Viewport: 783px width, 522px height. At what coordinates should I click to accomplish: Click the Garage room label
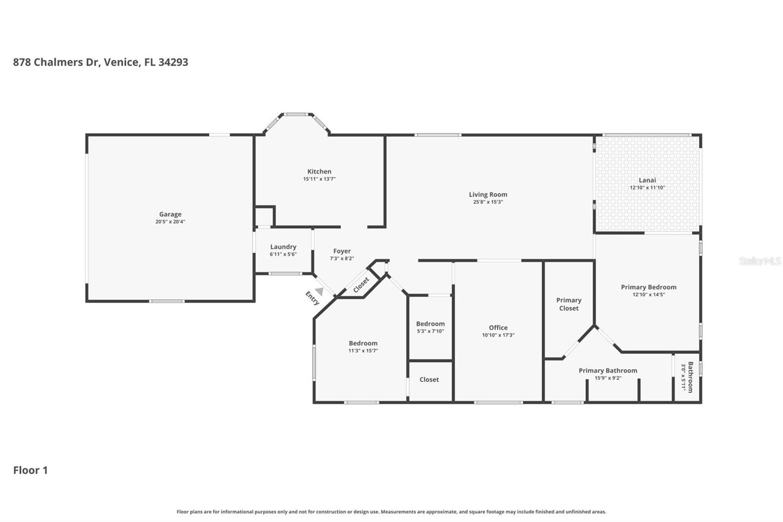tap(170, 214)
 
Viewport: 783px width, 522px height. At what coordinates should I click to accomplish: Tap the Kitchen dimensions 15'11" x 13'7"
tap(319, 179)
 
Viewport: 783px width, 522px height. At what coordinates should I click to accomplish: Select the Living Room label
tap(488, 194)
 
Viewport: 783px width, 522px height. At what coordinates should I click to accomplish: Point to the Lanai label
tap(647, 180)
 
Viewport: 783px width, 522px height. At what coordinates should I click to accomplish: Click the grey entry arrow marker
tap(319, 291)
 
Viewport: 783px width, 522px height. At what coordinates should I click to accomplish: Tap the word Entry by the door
tap(312, 298)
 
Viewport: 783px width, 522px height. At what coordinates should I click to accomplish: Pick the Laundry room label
tap(283, 247)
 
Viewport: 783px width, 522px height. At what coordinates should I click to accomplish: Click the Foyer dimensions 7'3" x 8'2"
tap(342, 259)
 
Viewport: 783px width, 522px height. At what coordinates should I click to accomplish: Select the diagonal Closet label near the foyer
tap(361, 285)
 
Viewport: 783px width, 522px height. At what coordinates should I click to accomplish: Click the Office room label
tap(498, 328)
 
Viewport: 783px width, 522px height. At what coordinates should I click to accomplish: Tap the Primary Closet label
tap(569, 304)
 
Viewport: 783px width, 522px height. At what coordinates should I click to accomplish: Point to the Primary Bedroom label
tap(648, 287)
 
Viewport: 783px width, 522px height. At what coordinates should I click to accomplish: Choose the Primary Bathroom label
tap(608, 370)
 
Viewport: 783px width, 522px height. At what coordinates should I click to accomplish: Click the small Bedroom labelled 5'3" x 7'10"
tap(430, 324)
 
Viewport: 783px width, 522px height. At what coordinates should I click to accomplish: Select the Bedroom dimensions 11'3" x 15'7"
tap(363, 351)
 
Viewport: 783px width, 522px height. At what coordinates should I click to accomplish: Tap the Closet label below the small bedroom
tap(429, 380)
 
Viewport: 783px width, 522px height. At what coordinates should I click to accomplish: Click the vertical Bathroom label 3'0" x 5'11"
tap(690, 377)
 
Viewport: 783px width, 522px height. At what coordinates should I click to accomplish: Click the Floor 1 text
tap(30, 470)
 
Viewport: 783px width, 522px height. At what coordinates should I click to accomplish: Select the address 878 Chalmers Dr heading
tap(100, 62)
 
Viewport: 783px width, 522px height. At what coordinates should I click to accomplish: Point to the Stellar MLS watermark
tap(760, 261)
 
